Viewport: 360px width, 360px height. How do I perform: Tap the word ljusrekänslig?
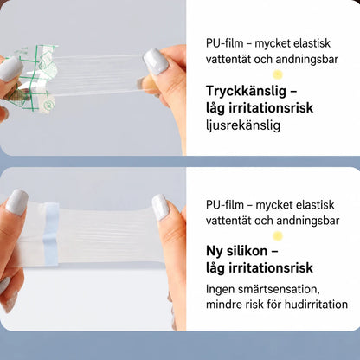tap(243, 125)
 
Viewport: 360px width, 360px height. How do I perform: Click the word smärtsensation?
tap(274, 289)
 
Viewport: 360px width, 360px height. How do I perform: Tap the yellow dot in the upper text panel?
tap(278, 75)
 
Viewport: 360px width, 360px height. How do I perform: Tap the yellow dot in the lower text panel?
tap(278, 236)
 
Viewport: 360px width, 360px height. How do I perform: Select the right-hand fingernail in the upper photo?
tap(156, 61)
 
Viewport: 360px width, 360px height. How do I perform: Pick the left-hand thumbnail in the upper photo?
tap(11, 69)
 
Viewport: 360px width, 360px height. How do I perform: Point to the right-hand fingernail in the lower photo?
tap(160, 207)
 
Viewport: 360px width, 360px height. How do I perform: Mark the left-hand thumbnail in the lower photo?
tap(16, 202)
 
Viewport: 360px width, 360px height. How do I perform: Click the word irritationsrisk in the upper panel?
tap(271, 108)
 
